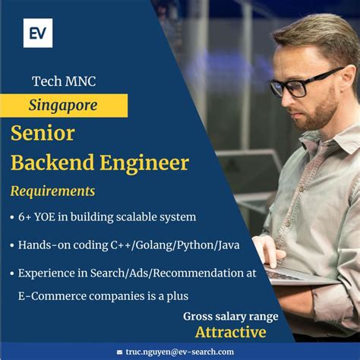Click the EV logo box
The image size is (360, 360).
[x=38, y=33]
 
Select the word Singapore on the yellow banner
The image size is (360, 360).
[x=63, y=105]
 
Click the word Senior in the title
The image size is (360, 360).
[x=43, y=133]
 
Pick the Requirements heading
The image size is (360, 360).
[x=53, y=191]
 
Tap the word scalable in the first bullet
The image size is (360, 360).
[x=137, y=217]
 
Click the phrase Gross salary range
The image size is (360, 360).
[x=231, y=316]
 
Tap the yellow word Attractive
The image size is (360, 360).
[x=231, y=332]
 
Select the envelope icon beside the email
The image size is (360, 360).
[x=119, y=352]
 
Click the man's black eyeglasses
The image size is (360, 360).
[x=304, y=82]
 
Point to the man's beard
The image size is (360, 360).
[x=323, y=114]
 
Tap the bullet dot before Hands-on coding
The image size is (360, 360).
[x=12, y=245]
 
